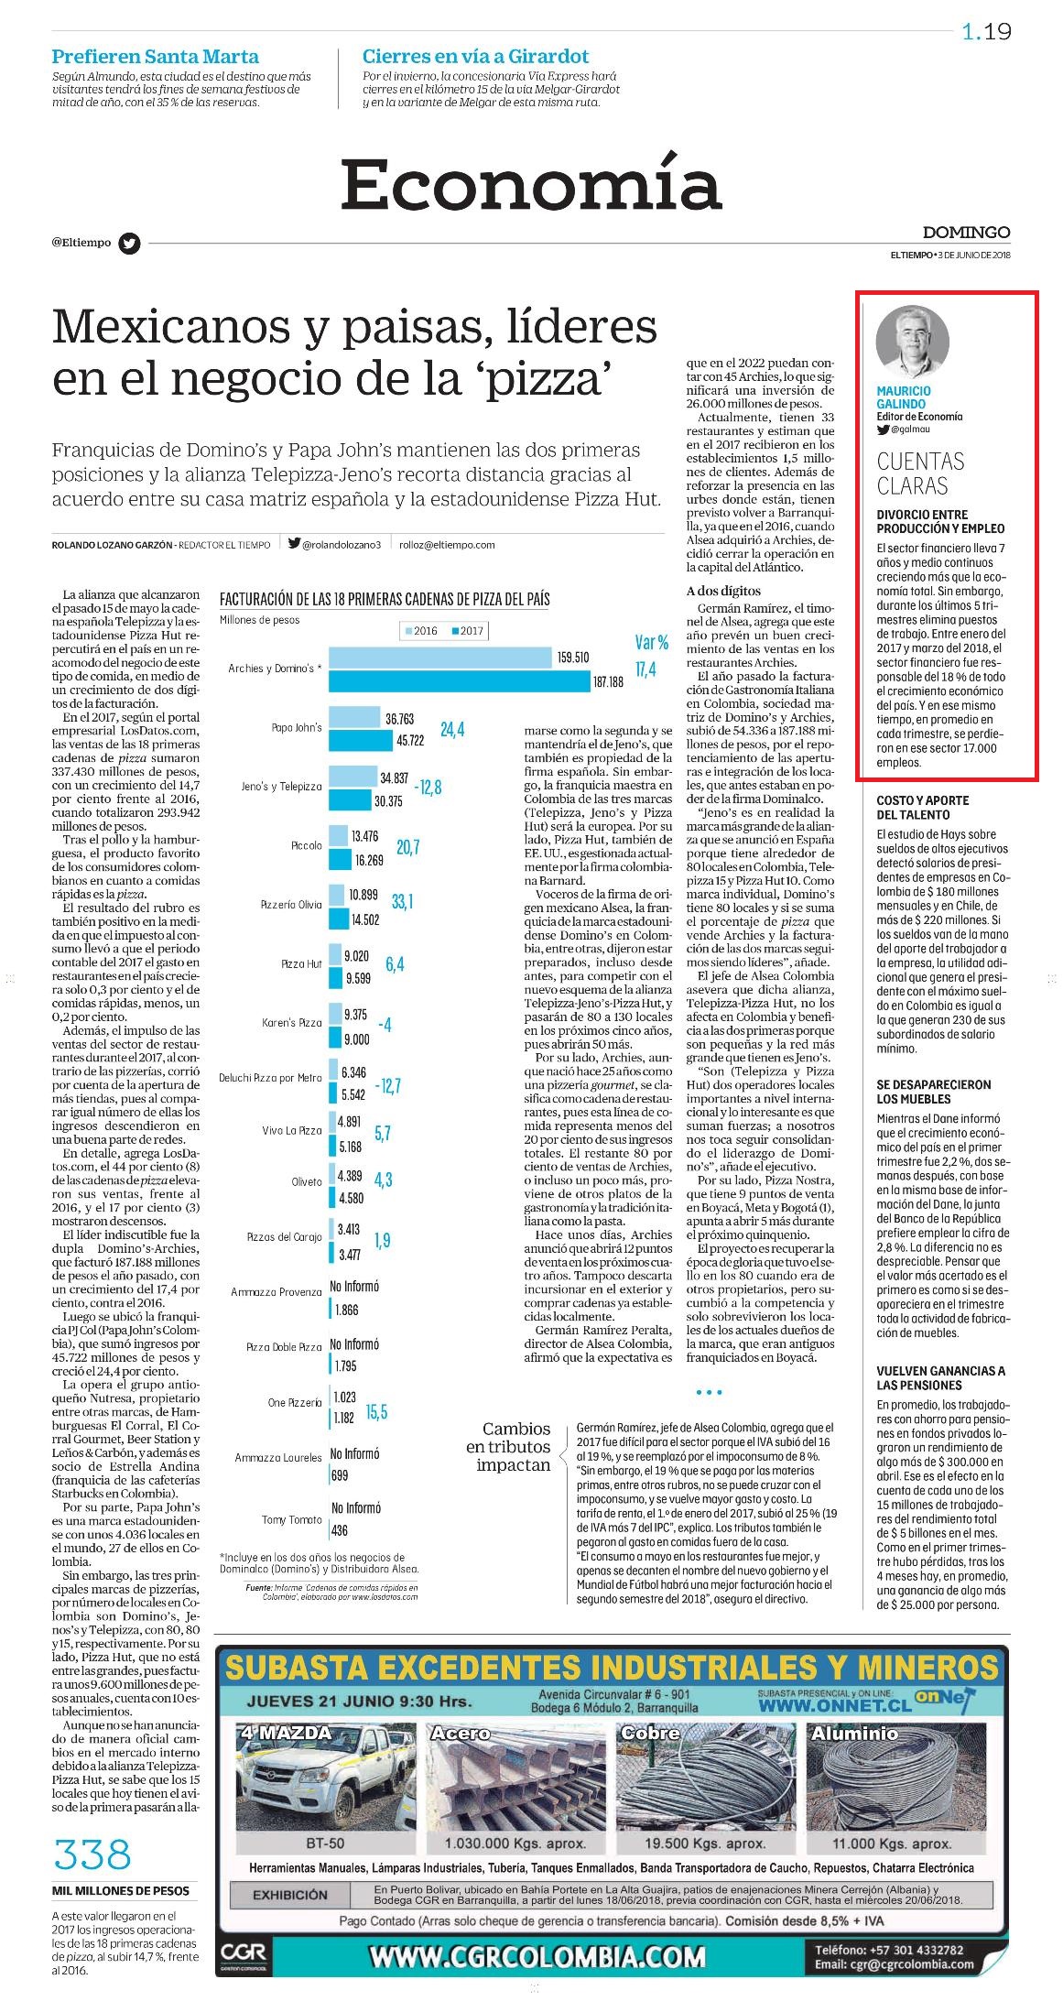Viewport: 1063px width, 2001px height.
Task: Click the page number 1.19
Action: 986,32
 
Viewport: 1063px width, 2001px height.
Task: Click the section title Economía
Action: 531,183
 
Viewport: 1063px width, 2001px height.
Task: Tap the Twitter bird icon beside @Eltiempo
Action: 130,244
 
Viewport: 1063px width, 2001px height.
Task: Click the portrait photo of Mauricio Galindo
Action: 912,342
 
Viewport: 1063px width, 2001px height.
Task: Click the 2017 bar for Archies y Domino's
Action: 460,681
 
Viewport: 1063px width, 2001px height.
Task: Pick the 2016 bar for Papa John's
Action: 354,717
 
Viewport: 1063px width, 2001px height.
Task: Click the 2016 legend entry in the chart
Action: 421,631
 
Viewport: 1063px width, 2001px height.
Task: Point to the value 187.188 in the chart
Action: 608,682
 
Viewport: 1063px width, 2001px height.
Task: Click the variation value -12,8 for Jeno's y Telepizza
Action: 428,788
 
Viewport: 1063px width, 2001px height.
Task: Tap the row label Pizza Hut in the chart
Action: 301,964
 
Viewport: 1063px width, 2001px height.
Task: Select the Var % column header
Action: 652,643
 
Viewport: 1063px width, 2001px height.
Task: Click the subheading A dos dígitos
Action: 723,591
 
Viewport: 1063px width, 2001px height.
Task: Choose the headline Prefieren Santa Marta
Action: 155,56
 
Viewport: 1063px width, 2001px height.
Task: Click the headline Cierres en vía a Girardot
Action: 475,56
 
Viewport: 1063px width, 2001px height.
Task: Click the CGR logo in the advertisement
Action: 244,1958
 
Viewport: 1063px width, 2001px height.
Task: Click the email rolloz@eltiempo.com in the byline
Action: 447,544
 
